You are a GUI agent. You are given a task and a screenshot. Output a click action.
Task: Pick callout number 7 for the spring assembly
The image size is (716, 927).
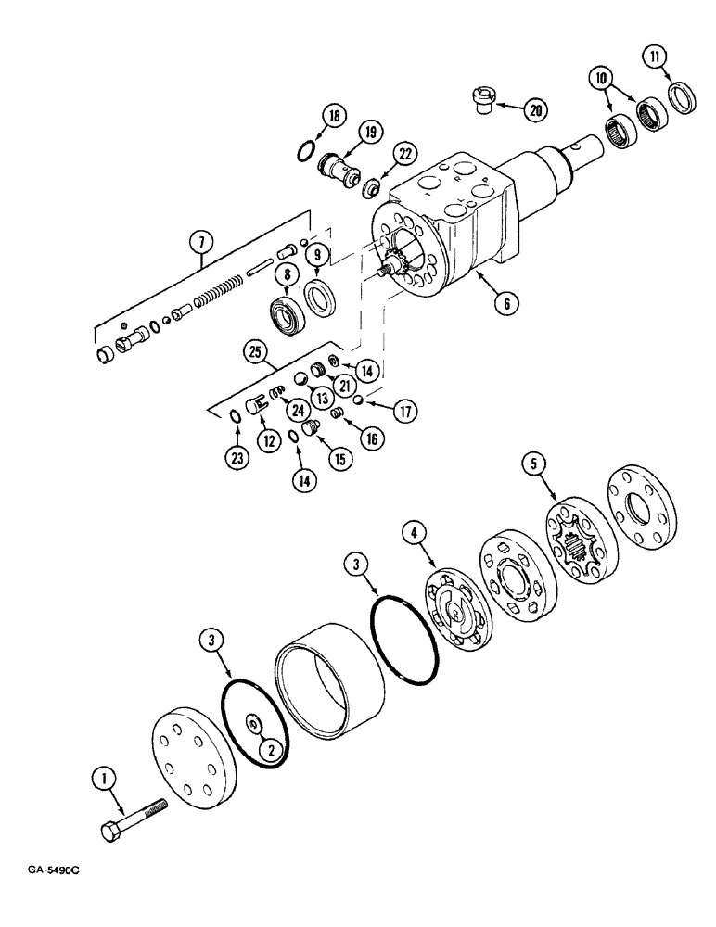203,243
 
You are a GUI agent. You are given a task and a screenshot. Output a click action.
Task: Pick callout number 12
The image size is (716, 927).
270,441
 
